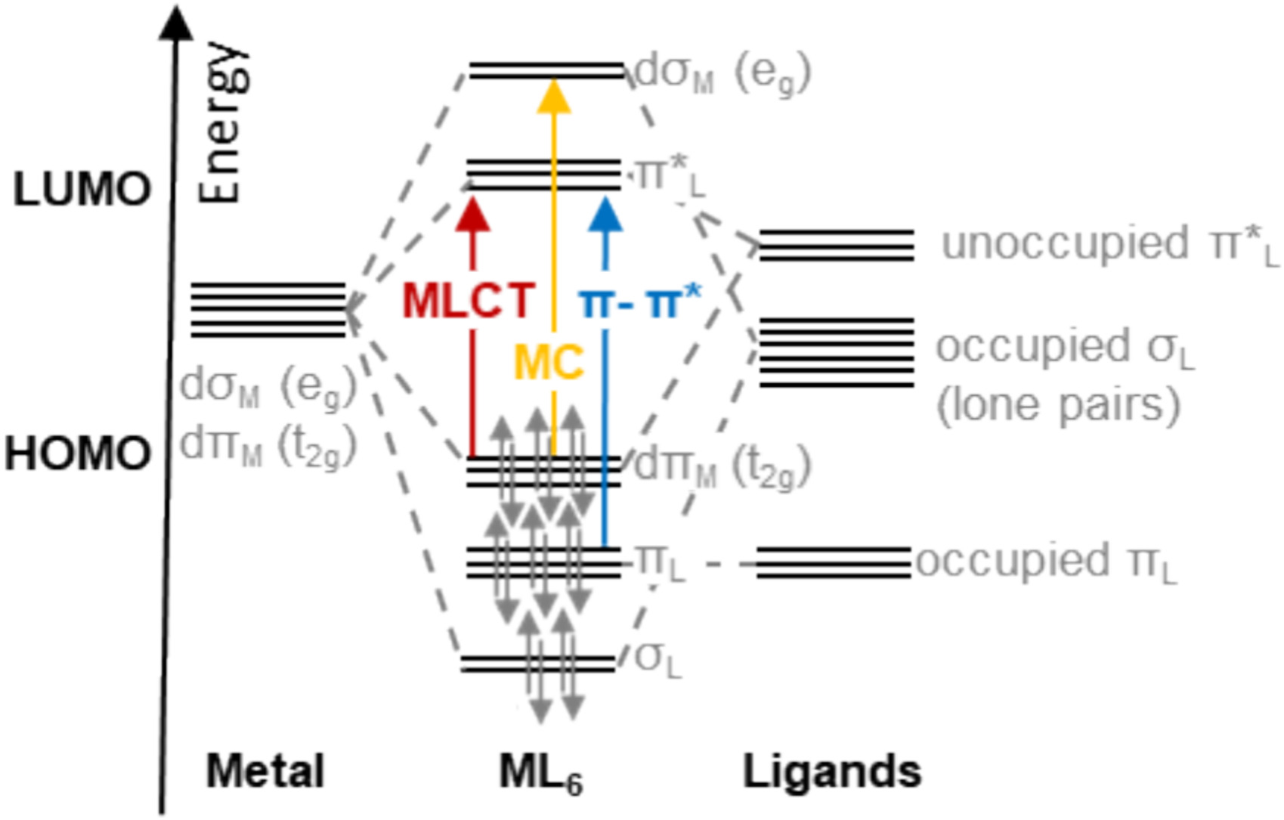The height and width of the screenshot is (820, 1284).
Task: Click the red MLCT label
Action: click(469, 300)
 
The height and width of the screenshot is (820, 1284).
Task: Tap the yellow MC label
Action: click(549, 362)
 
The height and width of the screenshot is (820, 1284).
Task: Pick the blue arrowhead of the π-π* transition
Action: click(605, 215)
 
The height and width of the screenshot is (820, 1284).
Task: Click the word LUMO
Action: click(82, 189)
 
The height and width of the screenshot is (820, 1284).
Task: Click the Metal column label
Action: click(265, 772)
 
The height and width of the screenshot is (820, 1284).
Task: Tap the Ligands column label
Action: click(832, 772)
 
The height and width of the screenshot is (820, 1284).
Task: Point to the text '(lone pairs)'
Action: click(1058, 405)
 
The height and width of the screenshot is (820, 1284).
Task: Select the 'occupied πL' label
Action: click(1047, 562)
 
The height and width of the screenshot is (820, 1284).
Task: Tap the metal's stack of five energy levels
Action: click(268, 310)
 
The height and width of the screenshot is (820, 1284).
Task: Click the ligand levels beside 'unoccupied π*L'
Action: click(837, 245)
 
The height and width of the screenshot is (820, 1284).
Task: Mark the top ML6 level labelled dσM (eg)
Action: click(546, 72)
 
